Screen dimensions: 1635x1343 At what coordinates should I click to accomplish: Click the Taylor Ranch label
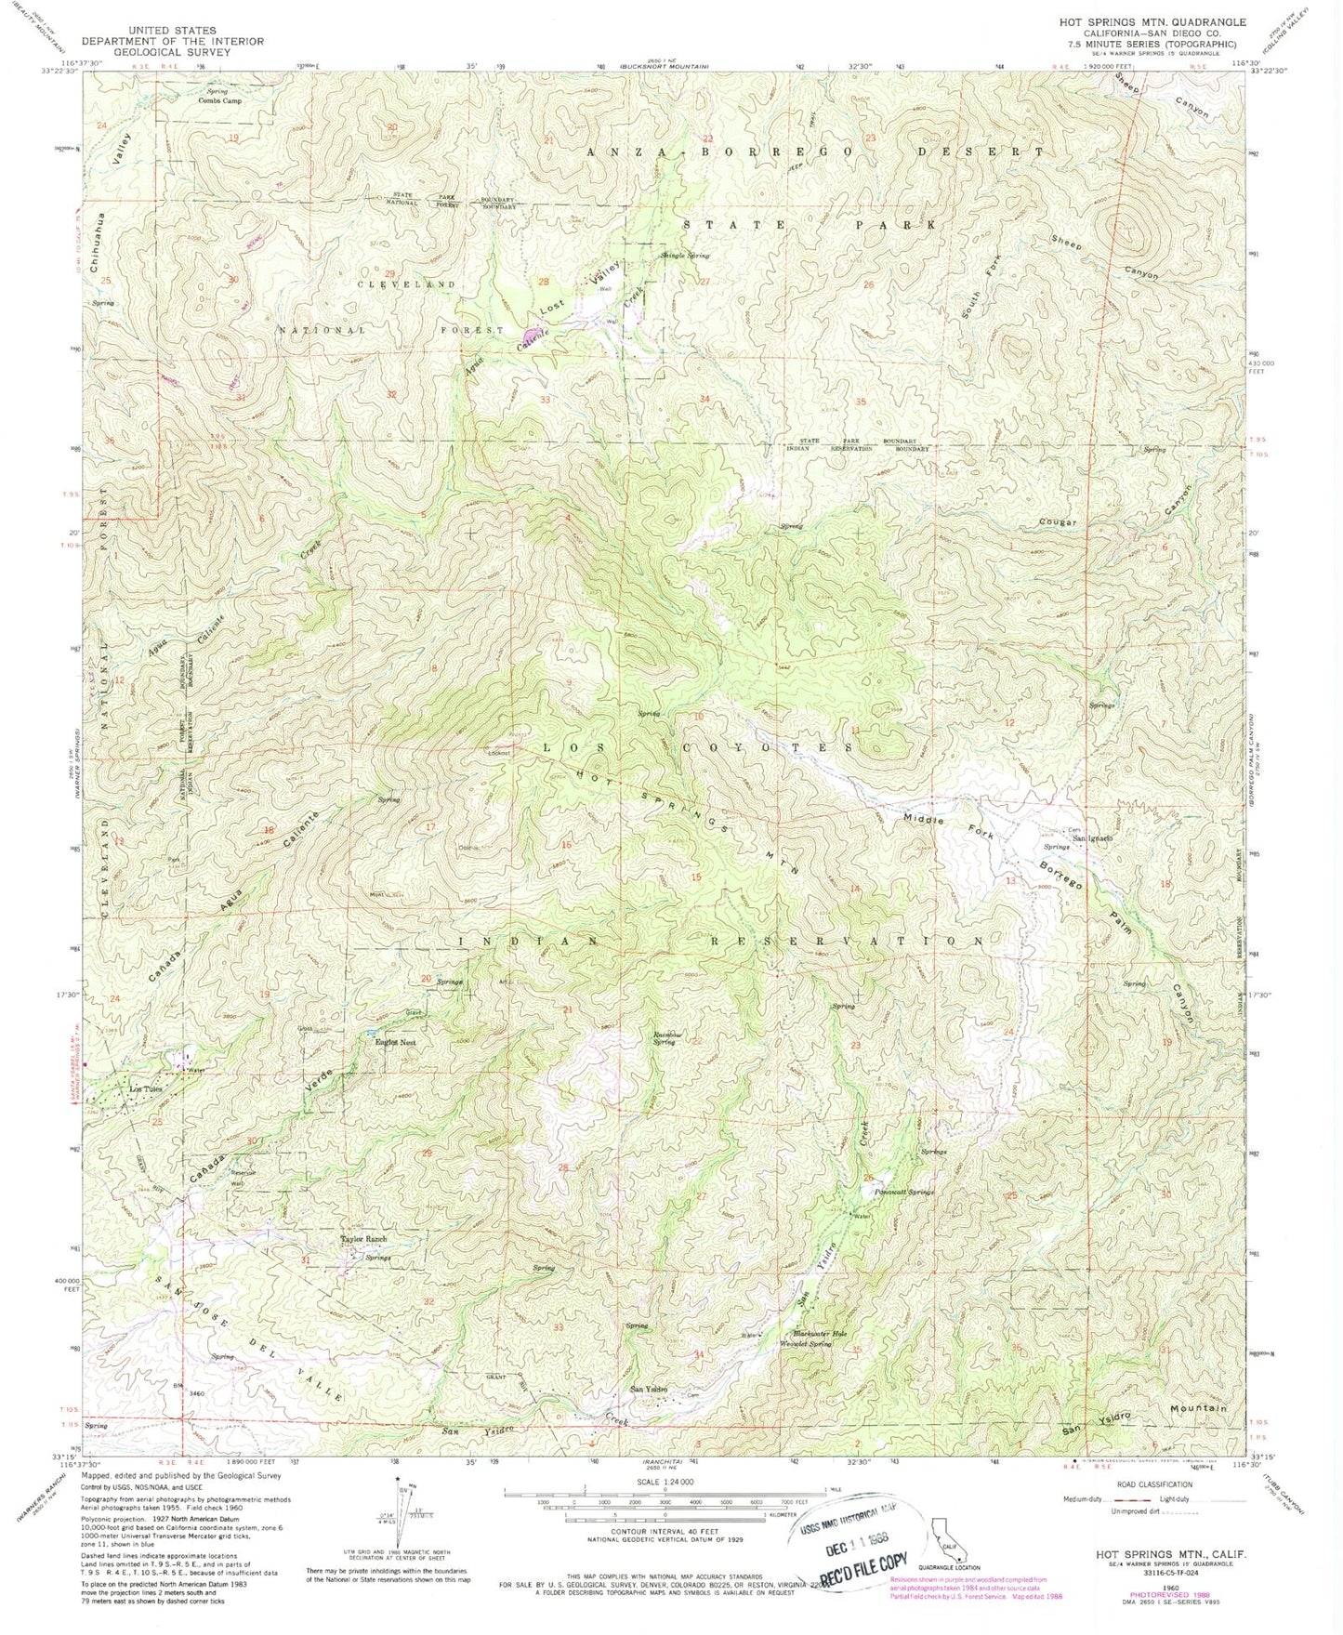(362, 1241)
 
